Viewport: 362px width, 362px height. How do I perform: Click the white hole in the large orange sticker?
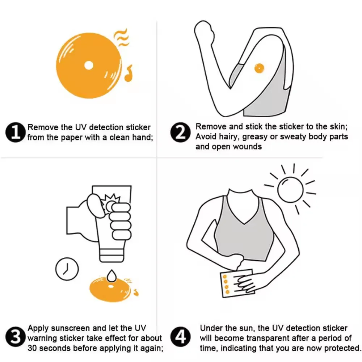[89, 66]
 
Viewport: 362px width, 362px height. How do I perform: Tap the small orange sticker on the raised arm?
[259, 68]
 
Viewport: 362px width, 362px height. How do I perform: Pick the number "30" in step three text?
[33, 348]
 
